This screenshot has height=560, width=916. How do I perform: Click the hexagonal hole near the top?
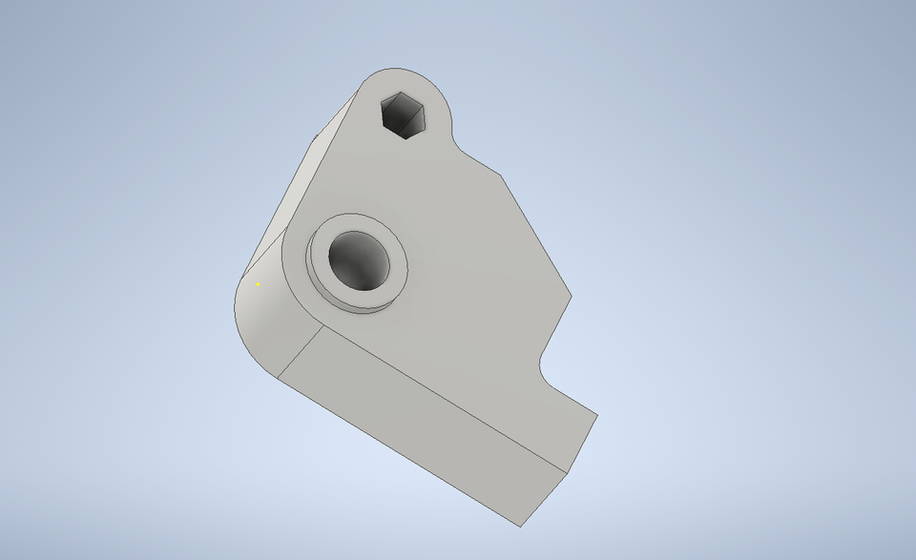(404, 115)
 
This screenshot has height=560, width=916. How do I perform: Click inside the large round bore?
(360, 260)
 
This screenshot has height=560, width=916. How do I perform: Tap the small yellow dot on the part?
(258, 283)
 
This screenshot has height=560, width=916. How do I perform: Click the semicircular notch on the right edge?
(545, 368)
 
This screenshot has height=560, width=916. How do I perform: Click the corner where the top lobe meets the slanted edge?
(502, 176)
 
